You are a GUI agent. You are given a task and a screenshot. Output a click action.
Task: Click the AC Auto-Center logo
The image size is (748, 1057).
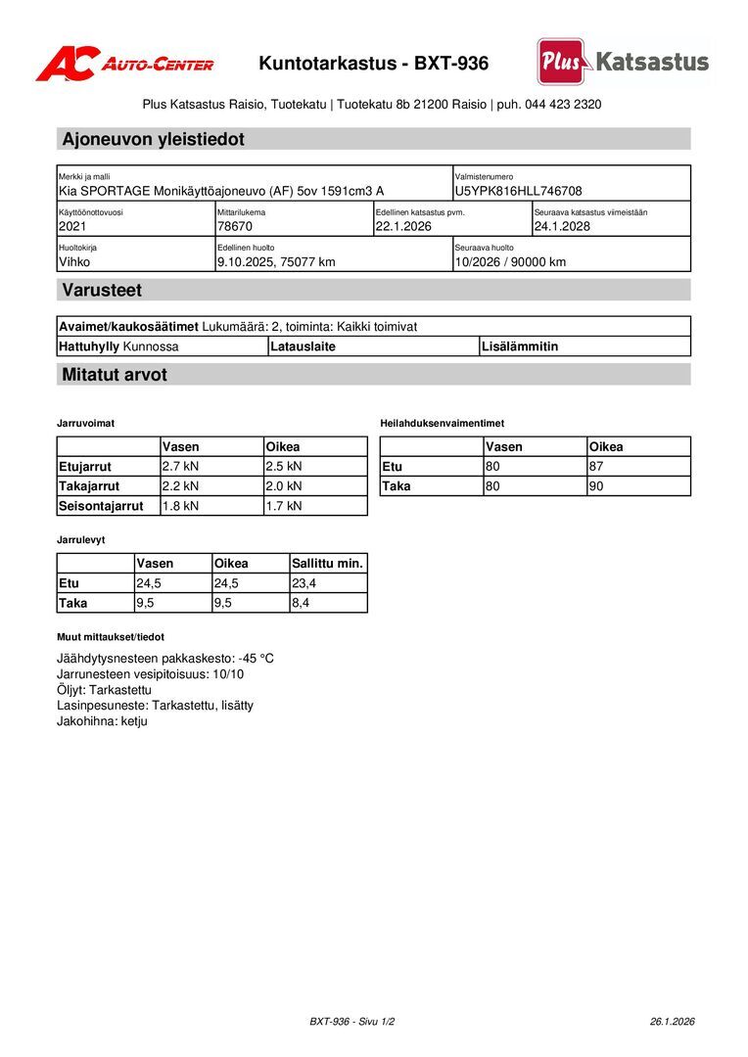coord(124,64)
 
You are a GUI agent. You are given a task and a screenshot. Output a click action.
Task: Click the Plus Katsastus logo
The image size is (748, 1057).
coord(623,63)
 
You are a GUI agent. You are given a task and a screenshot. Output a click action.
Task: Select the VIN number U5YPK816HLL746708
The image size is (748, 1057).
coord(518,191)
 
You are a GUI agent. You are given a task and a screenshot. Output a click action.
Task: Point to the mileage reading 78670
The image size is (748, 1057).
coord(235,226)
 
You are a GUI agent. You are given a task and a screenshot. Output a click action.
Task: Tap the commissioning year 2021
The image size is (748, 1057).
coord(73,226)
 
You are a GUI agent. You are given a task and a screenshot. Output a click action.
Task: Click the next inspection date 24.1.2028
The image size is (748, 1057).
coord(562,226)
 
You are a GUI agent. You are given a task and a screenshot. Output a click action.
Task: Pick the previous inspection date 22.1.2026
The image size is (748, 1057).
coord(403,226)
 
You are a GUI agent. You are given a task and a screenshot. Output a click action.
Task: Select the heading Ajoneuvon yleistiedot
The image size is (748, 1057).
coord(153,139)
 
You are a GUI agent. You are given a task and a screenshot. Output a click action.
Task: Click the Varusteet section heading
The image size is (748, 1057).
coord(102,290)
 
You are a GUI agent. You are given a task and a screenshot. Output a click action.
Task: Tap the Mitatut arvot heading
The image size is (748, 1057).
coord(115,375)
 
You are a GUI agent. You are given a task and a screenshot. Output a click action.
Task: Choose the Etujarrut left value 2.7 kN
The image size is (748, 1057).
coord(180,466)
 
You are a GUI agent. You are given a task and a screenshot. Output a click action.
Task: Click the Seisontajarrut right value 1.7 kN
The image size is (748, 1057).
coord(284,506)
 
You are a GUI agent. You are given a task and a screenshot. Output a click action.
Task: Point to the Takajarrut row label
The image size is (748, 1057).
coord(89,485)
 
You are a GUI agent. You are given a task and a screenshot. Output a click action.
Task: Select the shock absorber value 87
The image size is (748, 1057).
coord(596,466)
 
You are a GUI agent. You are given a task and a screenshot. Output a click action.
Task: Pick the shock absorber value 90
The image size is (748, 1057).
coord(596,485)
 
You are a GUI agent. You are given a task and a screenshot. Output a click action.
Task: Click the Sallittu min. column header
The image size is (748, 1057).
coord(327,563)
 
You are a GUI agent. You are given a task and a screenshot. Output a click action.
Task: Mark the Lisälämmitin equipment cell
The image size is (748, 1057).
coord(520,345)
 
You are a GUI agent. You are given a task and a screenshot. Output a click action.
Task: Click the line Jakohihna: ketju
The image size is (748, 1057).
coord(102,721)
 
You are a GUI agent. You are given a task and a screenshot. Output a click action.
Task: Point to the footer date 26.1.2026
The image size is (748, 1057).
coord(672,1021)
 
